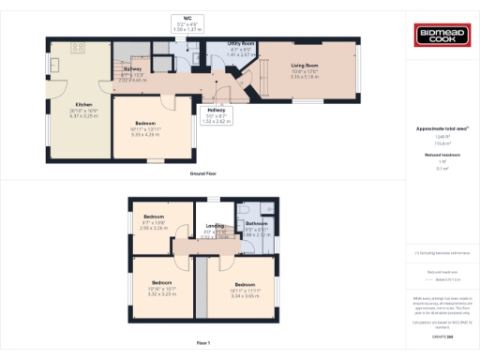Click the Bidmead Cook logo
[443, 37]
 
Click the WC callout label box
[187, 23]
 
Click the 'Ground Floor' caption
[203, 173]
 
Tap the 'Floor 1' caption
[203, 344]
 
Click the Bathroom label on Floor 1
[257, 223]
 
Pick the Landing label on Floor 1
[215, 224]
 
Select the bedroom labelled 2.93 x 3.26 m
[152, 229]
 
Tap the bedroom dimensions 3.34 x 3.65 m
[246, 294]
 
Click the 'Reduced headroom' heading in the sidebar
[442, 155]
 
